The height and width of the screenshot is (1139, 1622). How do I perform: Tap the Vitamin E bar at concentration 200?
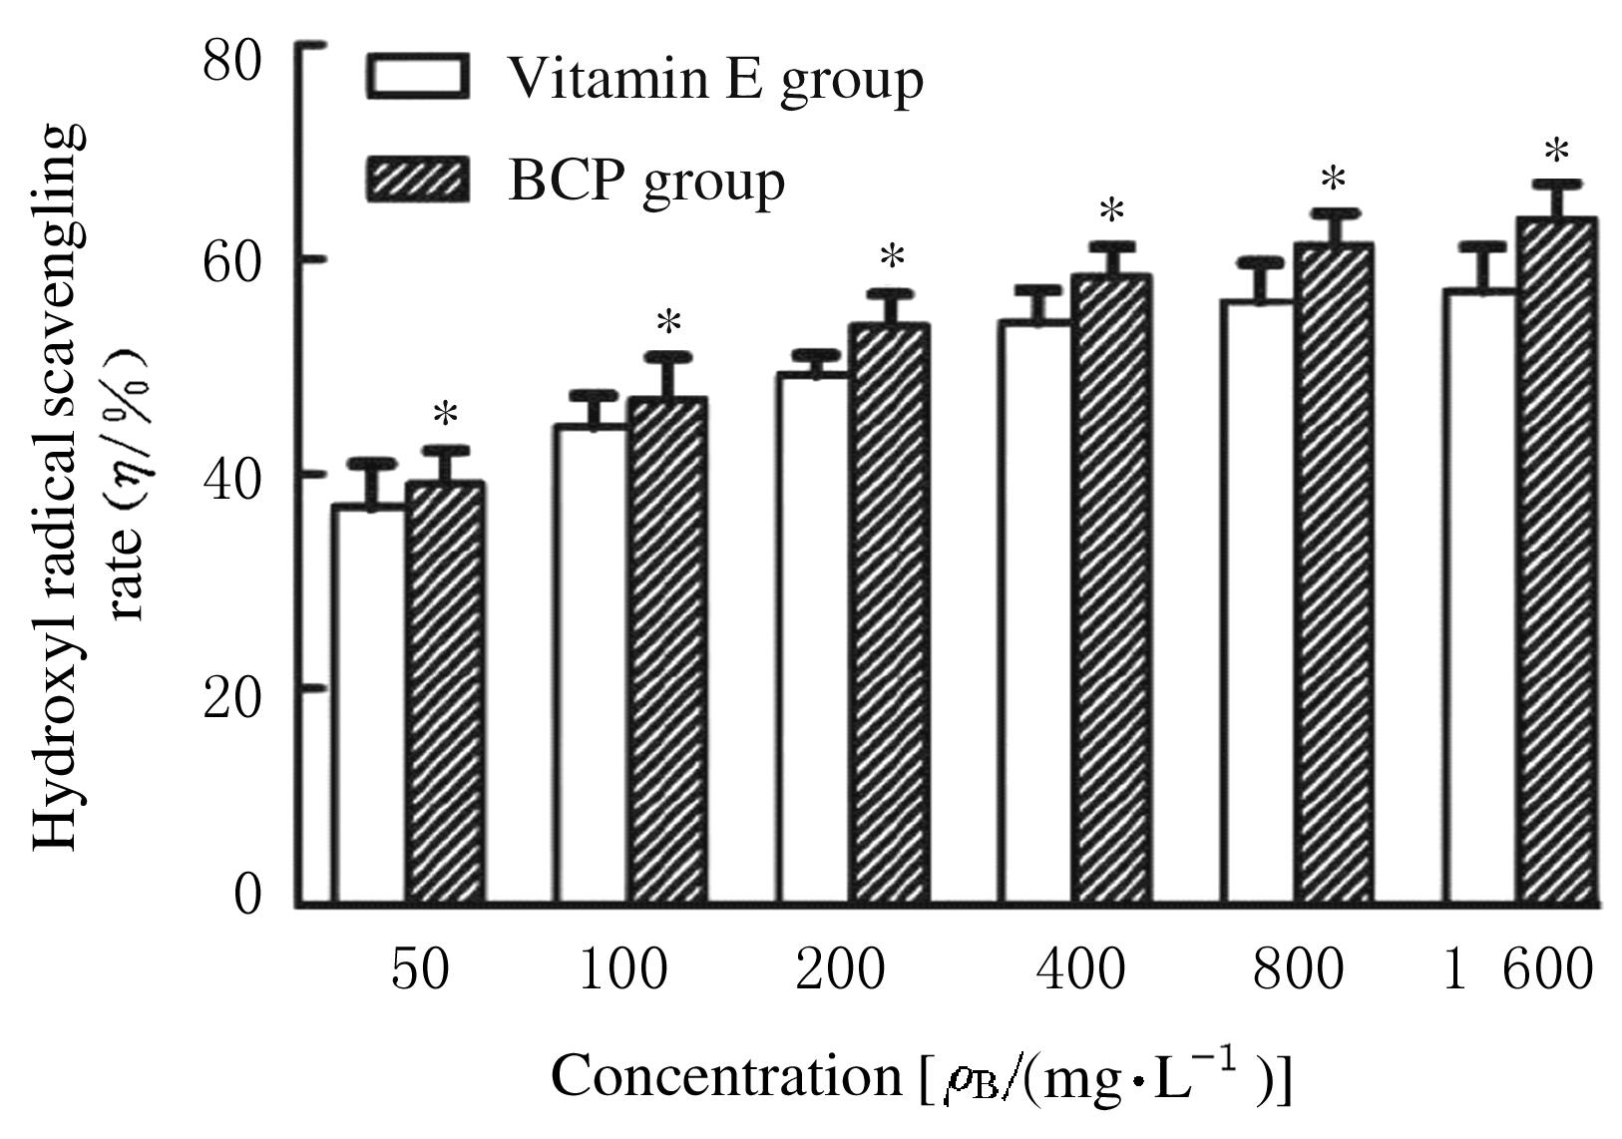814,638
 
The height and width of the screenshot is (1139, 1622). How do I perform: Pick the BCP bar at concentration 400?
1111,589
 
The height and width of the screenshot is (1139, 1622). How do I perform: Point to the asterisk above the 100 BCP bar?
668,323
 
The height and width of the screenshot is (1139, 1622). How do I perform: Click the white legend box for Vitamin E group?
417,77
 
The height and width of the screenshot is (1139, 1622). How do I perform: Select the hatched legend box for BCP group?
417,180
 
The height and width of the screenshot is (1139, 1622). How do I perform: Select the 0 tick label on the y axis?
247,894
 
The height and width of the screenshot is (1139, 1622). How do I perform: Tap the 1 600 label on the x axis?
1518,969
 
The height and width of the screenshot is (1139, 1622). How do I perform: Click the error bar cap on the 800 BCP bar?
1334,212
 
